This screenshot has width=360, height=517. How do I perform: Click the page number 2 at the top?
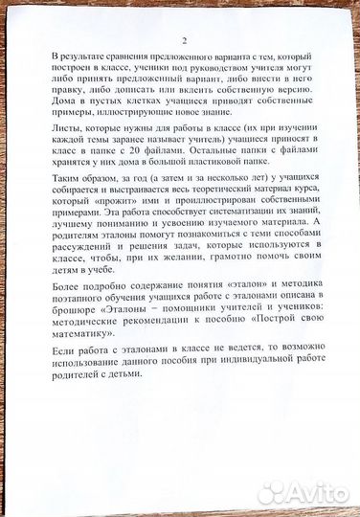(x=183, y=41)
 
